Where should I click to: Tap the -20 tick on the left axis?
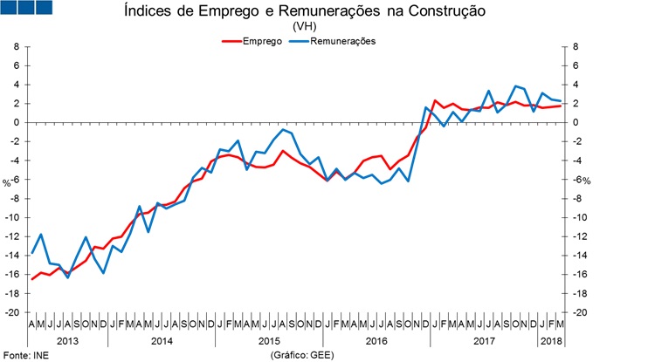(11, 312)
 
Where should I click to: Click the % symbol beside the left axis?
(6, 182)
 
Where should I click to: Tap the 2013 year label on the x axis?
(68, 340)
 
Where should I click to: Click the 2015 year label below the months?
(267, 340)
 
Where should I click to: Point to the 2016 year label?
(376, 340)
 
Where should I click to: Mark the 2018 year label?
(552, 340)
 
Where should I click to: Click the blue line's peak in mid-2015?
(285, 129)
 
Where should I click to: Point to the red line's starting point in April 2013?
(32, 279)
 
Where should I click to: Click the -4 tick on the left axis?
(14, 161)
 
